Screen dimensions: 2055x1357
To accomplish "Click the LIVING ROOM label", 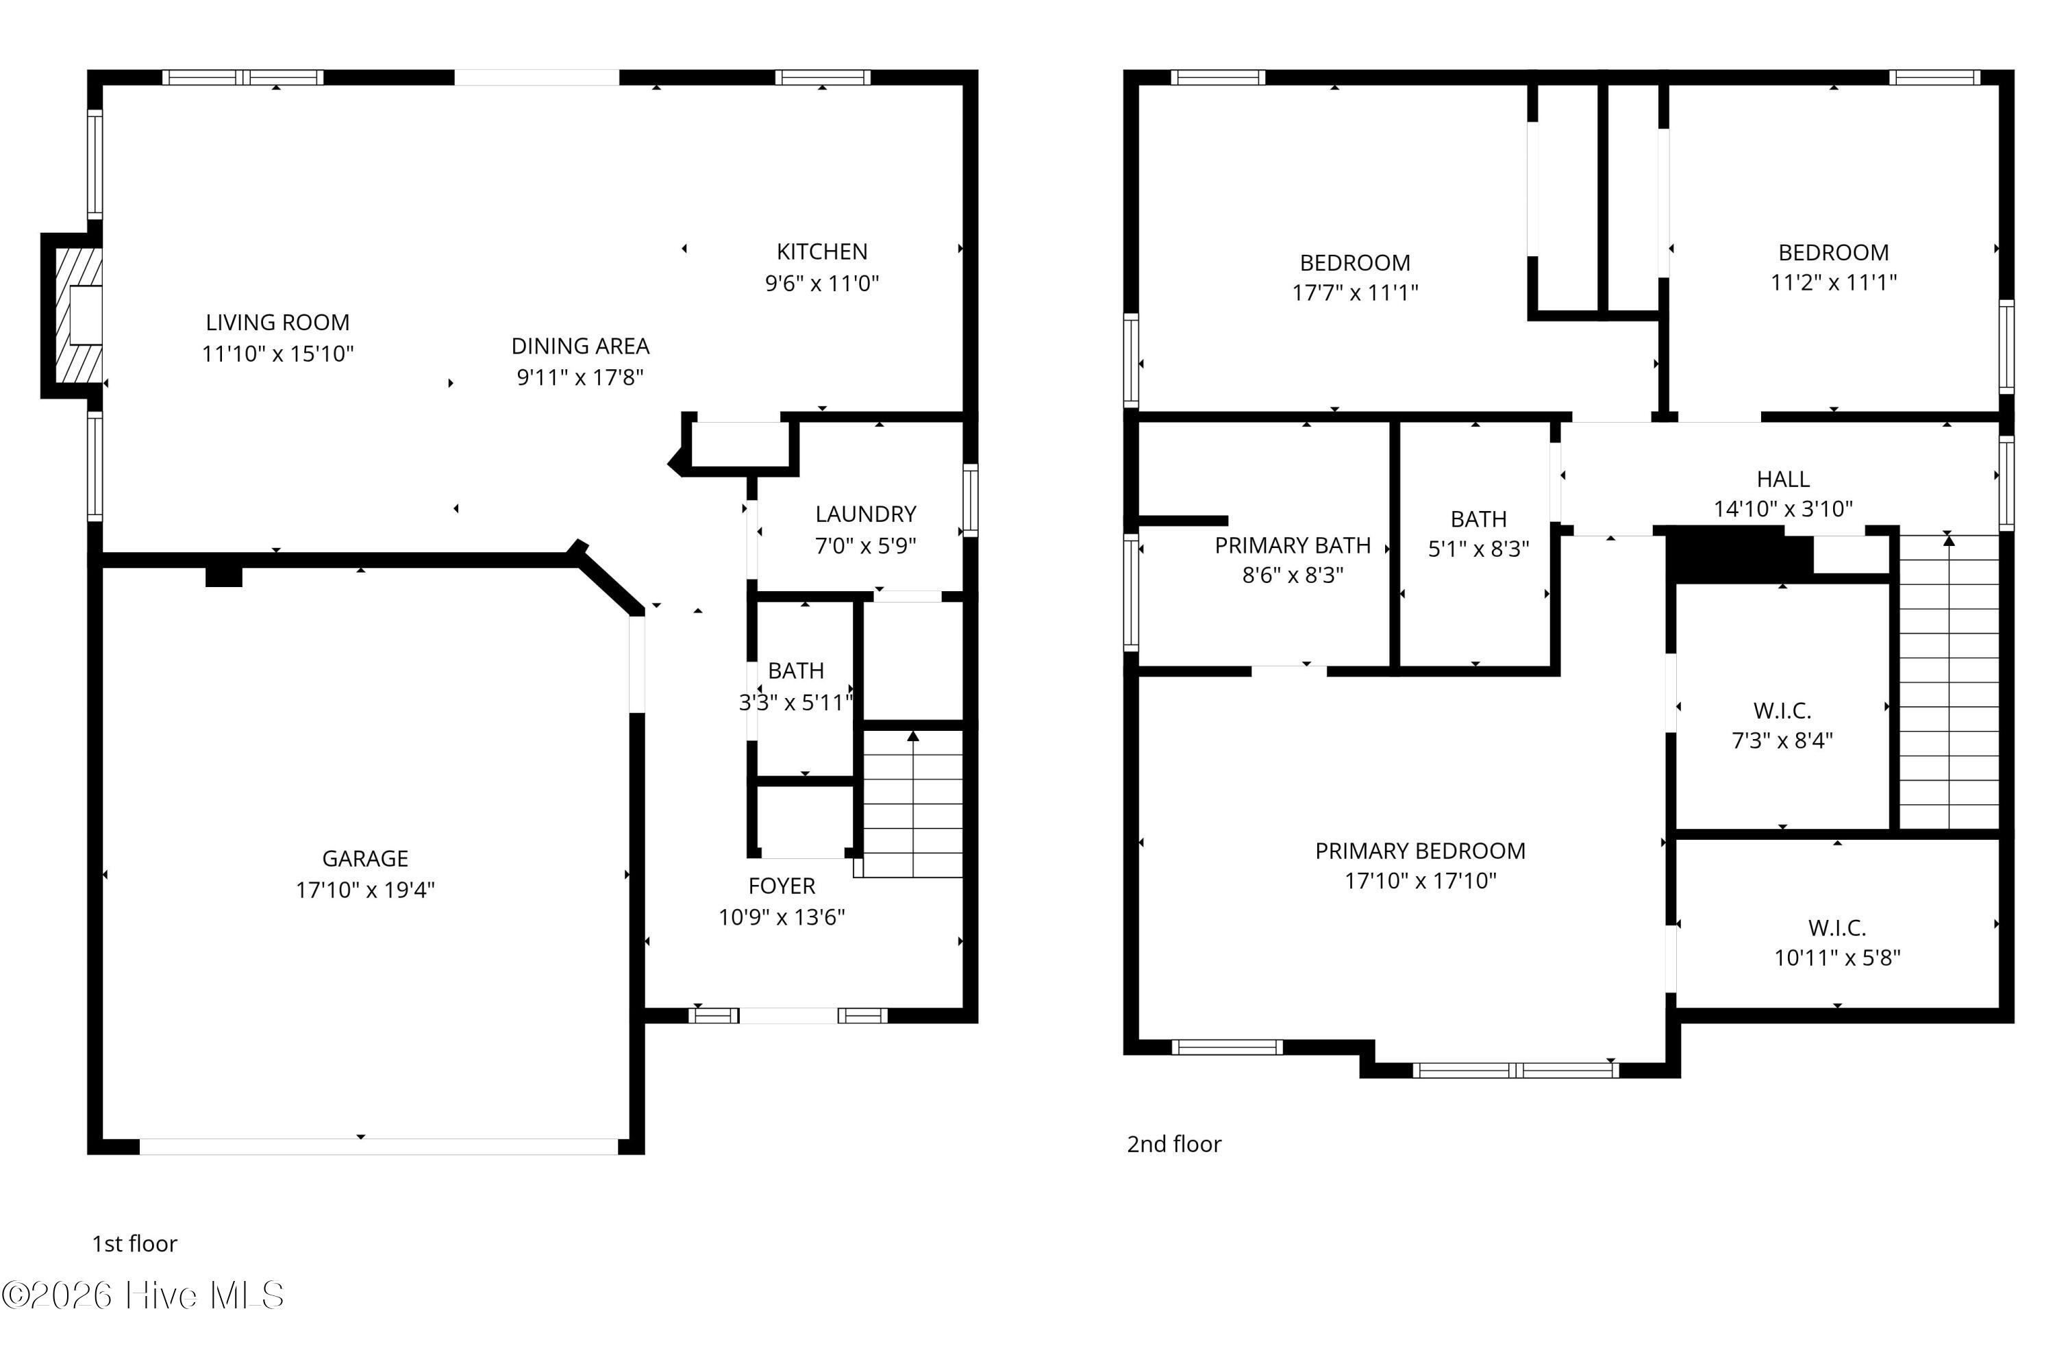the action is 277,322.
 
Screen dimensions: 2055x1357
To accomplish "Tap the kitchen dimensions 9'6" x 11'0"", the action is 822,283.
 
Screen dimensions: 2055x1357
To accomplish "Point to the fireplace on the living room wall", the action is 73,316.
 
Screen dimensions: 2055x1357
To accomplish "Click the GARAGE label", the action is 365,858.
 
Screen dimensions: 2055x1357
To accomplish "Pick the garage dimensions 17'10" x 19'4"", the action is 365,890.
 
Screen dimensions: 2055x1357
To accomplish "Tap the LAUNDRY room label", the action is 865,514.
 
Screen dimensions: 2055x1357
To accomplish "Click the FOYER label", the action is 782,886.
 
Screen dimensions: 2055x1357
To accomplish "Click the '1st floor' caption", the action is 134,1243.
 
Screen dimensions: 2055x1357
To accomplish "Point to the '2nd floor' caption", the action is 1174,1144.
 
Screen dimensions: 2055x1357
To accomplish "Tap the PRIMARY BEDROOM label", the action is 1420,851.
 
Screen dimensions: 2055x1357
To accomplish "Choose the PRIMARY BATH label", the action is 1293,545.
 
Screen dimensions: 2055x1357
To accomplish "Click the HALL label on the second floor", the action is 1782,479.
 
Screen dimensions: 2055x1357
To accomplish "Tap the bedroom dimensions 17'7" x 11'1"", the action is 1355,292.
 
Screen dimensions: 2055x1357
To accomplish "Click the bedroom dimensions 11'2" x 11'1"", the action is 1834,282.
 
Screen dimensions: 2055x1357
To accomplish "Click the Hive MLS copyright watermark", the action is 142,1295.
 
